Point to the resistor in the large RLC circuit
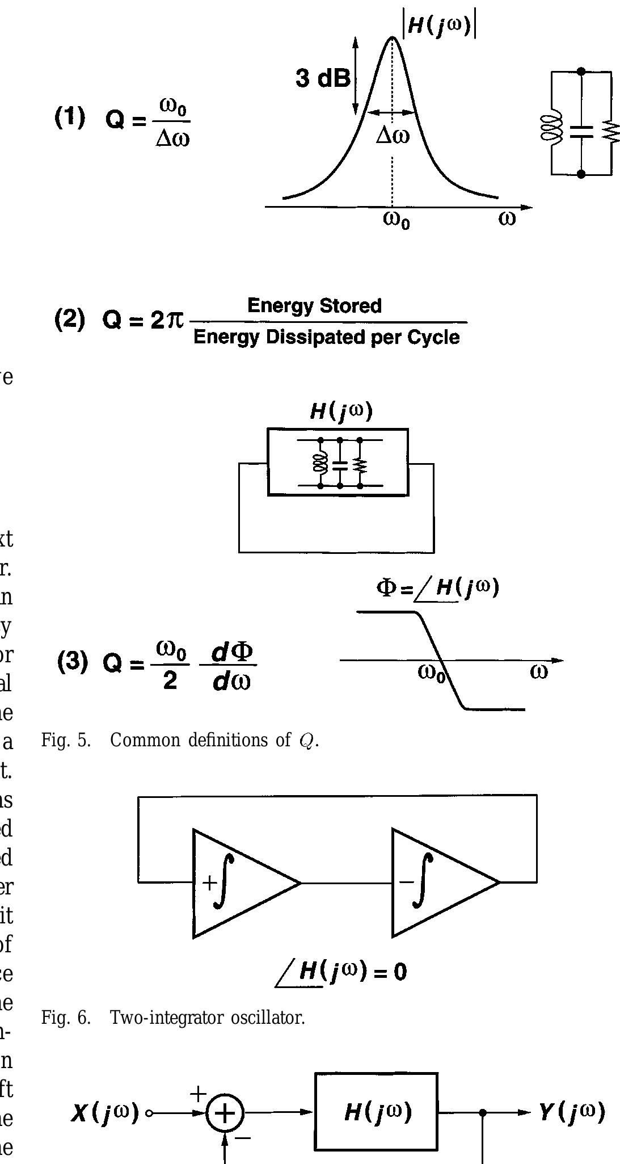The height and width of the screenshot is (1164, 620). pyautogui.click(x=611, y=132)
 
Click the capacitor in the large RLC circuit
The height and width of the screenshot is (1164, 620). pyautogui.click(x=581, y=132)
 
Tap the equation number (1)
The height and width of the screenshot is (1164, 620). pyautogui.click(x=70, y=117)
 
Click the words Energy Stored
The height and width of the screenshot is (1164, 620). pyautogui.click(x=314, y=306)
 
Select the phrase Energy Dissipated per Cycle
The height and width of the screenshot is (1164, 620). pyautogui.click(x=326, y=337)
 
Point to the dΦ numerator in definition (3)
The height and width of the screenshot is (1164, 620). pyautogui.click(x=232, y=652)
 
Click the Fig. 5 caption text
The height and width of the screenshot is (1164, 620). pyautogui.click(x=180, y=741)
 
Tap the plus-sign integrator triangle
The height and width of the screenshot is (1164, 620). pyautogui.click(x=238, y=883)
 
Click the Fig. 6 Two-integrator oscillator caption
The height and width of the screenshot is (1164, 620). pyautogui.click(x=173, y=1018)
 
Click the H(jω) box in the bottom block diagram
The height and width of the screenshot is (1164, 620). pyautogui.click(x=376, y=1111)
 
